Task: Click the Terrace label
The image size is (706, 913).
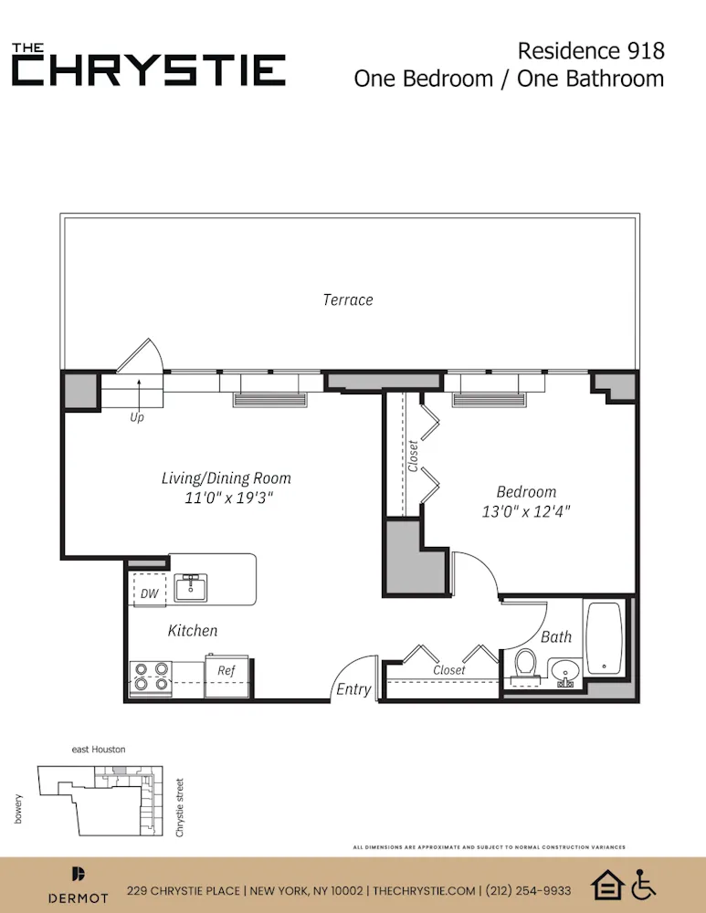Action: (348, 299)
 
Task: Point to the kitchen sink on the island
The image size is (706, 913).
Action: (191, 587)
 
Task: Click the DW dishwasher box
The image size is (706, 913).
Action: (149, 593)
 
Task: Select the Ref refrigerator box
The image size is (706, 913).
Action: (227, 670)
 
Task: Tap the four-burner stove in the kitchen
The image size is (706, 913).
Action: (151, 676)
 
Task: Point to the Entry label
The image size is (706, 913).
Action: (353, 688)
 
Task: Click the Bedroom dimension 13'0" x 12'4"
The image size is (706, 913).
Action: (526, 512)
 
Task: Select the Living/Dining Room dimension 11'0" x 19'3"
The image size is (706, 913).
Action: (226, 498)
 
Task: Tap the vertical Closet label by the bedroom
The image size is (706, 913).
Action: (413, 456)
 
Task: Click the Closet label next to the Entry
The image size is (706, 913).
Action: (448, 669)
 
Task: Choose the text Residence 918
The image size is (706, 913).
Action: (591, 49)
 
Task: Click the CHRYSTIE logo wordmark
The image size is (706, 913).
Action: (149, 69)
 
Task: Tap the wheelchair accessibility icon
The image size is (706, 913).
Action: (645, 885)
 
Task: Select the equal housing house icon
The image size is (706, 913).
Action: (607, 885)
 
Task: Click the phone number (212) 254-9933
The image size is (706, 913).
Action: (530, 890)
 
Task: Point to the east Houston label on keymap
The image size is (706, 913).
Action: (99, 749)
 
